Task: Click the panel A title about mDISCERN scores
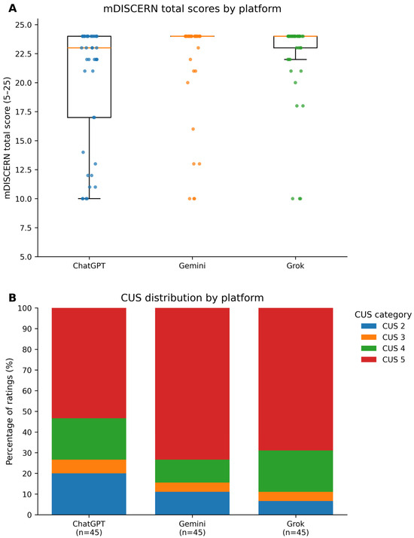pyautogui.click(x=192, y=8)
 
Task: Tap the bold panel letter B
pyautogui.click(x=12, y=298)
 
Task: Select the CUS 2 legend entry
pyautogui.click(x=383, y=326)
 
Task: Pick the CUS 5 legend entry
pyautogui.click(x=383, y=359)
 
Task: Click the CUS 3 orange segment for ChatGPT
pyautogui.click(x=89, y=466)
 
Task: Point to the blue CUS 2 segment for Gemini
pyautogui.click(x=192, y=503)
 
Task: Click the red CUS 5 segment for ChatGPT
pyautogui.click(x=89, y=363)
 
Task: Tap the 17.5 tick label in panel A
pyautogui.click(x=23, y=112)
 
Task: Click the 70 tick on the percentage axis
pyautogui.click(x=29, y=370)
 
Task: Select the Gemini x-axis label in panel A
pyautogui.click(x=192, y=265)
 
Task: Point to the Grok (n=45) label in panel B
pyautogui.click(x=296, y=528)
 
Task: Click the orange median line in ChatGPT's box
pyautogui.click(x=89, y=47)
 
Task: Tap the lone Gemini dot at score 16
pyautogui.click(x=193, y=129)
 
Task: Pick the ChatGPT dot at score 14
pyautogui.click(x=83, y=152)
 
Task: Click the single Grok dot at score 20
pyautogui.click(x=295, y=83)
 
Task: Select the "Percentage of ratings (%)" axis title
pyautogui.click(x=9, y=411)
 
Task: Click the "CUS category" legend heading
pyautogui.click(x=383, y=315)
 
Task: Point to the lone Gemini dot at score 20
pyautogui.click(x=188, y=83)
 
